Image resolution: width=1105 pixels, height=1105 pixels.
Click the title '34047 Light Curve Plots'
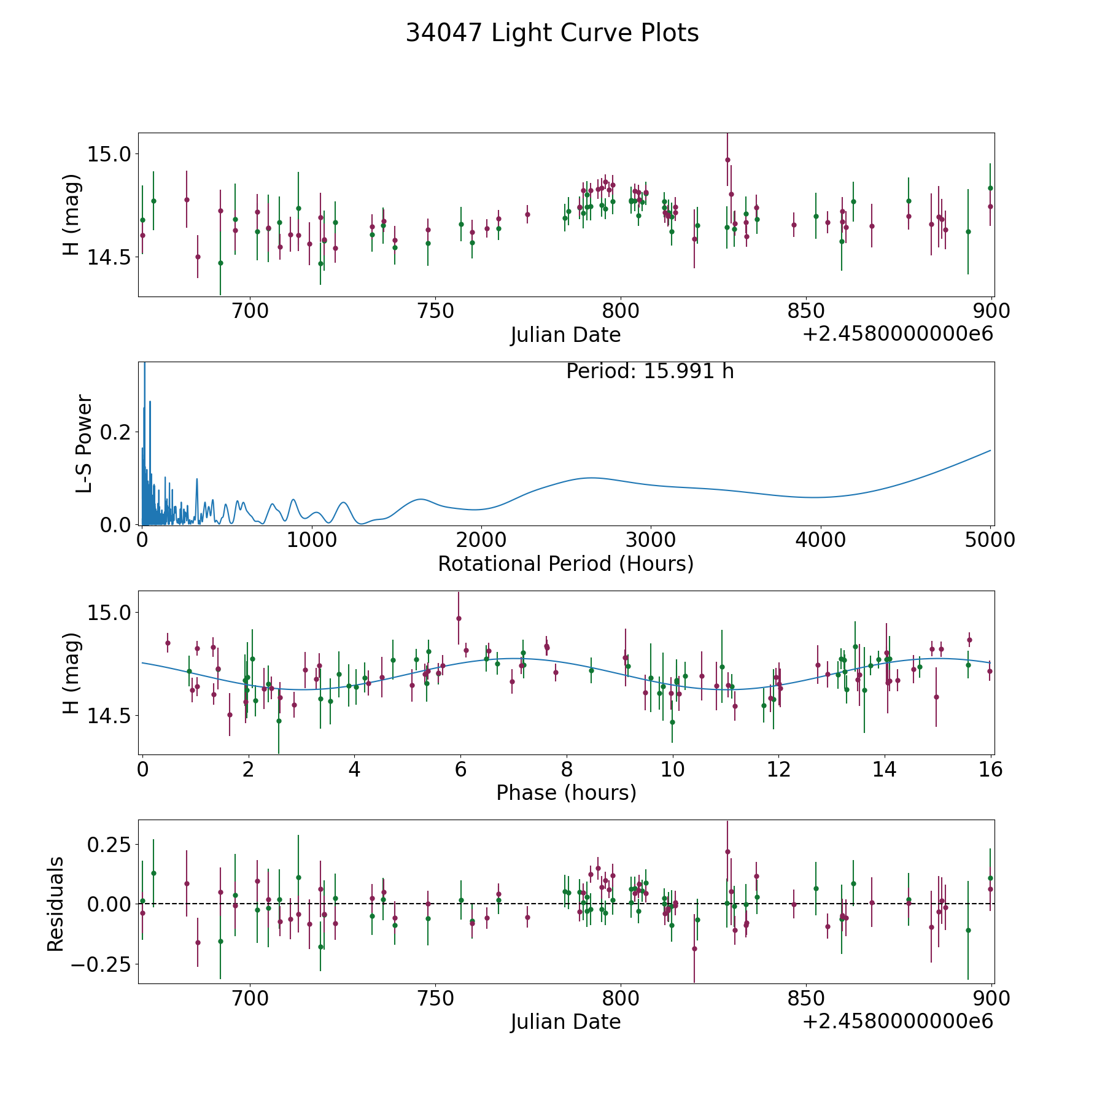coord(552,33)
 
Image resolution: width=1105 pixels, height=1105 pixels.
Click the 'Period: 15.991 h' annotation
coord(649,371)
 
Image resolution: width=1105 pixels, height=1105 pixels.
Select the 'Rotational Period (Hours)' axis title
coord(565,564)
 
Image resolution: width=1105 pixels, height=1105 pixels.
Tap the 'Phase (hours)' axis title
coord(565,793)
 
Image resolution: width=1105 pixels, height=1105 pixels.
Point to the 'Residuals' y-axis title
coord(56,904)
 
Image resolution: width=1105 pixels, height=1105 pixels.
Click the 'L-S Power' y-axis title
coord(83,443)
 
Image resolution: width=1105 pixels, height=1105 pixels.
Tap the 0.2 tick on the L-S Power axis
coord(117,432)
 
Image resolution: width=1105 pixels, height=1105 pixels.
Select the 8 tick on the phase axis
coord(567,769)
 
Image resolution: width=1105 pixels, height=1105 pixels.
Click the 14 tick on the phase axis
coord(885,769)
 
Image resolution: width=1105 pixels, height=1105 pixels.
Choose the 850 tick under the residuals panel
coord(805,999)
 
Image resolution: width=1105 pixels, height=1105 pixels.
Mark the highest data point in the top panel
coord(727,160)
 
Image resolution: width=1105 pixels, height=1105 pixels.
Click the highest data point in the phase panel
coord(459,618)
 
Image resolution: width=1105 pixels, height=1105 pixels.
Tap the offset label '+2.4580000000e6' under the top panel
coord(898,334)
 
